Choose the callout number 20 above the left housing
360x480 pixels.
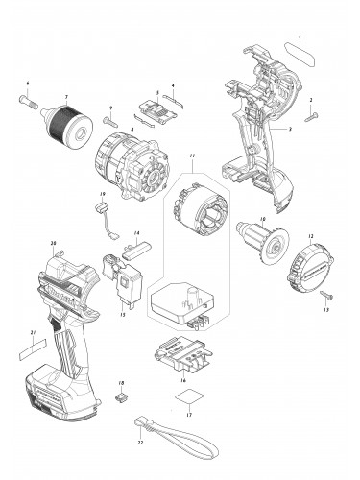[x=52, y=242]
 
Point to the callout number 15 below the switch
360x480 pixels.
[x=122, y=313]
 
